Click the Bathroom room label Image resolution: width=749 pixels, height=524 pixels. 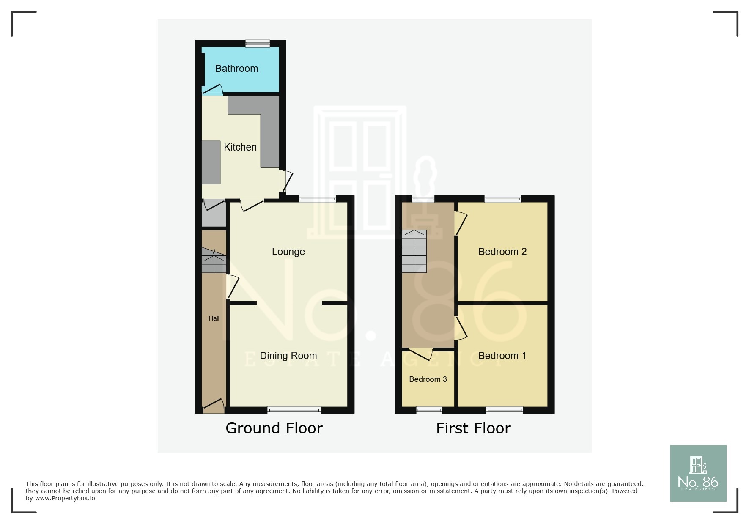(236, 69)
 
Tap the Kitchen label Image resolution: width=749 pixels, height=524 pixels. (240, 147)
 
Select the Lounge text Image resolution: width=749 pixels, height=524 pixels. (288, 252)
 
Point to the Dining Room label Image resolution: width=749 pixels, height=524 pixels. (288, 356)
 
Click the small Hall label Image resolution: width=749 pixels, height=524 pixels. (214, 318)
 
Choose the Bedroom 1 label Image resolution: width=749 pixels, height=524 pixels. (502, 356)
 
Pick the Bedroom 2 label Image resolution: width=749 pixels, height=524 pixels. (502, 252)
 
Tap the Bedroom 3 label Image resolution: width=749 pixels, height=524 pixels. (428, 379)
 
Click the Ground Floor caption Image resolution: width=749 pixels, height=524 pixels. (274, 428)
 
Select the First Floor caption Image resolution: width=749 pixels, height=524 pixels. (473, 428)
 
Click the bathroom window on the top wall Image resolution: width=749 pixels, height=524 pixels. (258, 43)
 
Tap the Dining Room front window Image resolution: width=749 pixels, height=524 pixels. (294, 410)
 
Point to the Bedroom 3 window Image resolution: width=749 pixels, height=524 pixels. (429, 410)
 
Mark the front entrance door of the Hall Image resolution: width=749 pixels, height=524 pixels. (214, 406)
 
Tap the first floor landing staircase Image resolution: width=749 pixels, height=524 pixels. (414, 251)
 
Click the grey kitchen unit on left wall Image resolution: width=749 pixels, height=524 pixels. (211, 162)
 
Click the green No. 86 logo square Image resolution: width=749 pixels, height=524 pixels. (698, 473)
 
